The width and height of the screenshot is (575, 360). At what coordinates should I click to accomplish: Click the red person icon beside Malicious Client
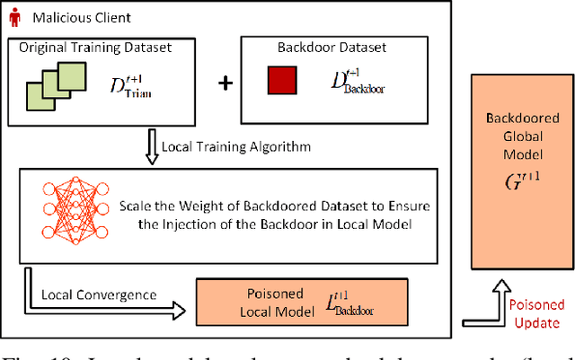(x=15, y=17)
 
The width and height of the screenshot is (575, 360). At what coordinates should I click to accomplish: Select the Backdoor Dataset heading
(x=316, y=47)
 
